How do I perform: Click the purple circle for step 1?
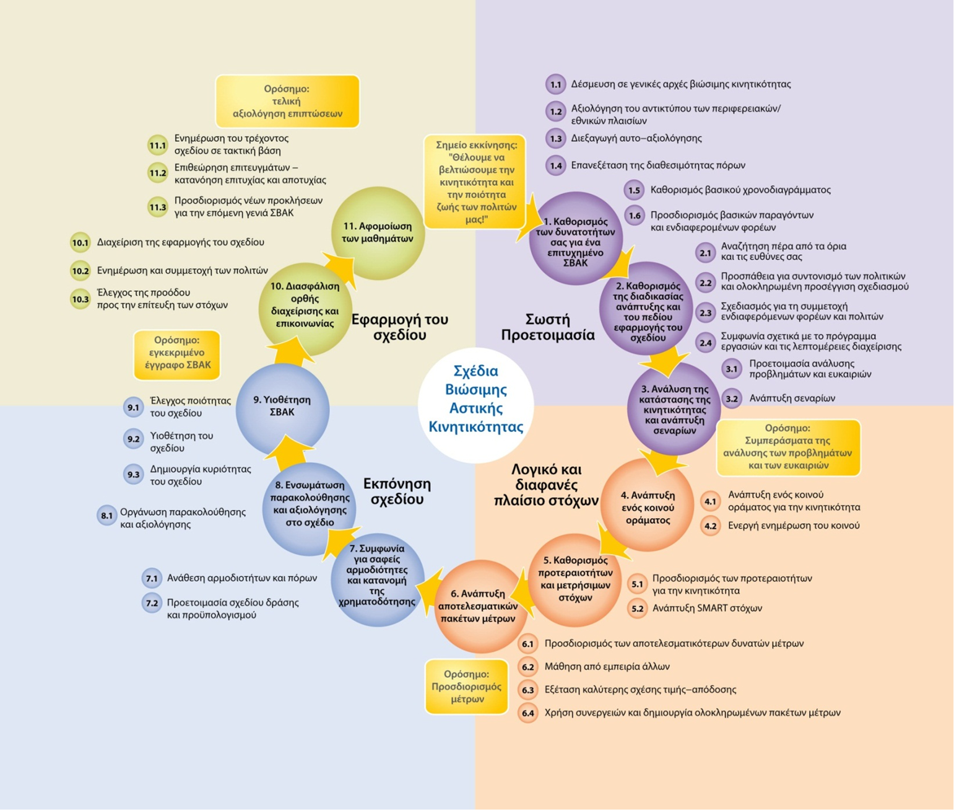click(x=576, y=239)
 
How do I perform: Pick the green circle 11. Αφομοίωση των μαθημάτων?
click(x=378, y=233)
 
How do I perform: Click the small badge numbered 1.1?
click(x=555, y=84)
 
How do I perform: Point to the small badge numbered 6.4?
click(x=527, y=713)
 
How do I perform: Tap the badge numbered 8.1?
click(x=106, y=516)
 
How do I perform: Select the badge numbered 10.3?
click(x=80, y=299)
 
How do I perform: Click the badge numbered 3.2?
click(x=732, y=398)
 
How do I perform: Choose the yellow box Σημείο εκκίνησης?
click(x=475, y=182)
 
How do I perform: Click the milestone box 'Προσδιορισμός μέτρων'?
click(x=467, y=686)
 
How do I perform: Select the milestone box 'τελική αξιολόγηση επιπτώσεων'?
click(x=287, y=101)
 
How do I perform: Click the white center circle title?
click(x=475, y=399)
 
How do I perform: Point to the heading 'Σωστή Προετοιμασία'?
click(x=547, y=327)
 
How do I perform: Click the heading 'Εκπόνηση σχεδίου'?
click(x=396, y=491)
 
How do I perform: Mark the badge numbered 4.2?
click(x=710, y=526)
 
